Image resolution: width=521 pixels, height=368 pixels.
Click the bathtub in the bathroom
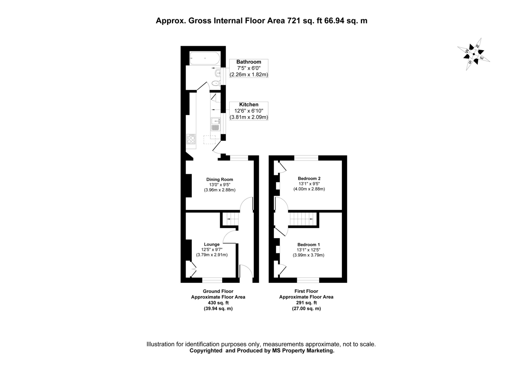205,58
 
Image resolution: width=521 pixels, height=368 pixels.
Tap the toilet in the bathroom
216,83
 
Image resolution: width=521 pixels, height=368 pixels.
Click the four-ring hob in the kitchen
191,139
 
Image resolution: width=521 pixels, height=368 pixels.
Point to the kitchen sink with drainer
215,124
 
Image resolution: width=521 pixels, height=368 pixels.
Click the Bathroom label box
249,68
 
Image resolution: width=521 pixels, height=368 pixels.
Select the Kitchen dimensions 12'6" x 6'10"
249,111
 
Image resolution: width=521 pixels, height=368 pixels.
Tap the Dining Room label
220,180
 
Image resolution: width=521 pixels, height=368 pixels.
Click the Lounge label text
212,244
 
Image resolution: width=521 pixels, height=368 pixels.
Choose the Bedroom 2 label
309,178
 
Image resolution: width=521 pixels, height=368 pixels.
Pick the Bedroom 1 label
309,245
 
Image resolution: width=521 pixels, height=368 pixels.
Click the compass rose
474,54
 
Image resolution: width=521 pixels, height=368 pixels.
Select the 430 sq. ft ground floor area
218,303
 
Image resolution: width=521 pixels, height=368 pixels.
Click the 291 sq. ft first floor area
306,303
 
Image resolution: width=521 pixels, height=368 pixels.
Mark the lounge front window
212,280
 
